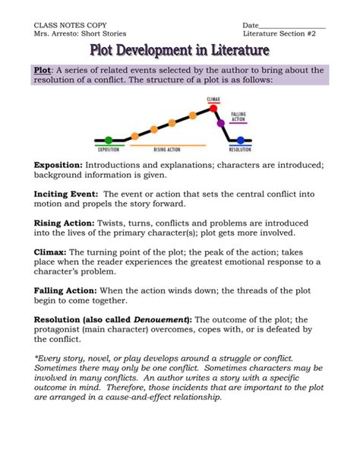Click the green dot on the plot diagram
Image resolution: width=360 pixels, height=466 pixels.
point(109,140)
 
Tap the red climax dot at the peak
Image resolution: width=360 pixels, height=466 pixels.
point(213,108)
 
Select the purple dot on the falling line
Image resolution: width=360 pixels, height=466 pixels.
point(221,122)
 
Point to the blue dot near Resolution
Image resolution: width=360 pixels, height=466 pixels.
point(241,140)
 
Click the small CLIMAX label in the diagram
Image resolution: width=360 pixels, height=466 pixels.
point(213,100)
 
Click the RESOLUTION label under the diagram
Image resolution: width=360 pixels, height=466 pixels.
point(240,150)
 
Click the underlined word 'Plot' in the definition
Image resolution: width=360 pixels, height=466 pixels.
point(42,70)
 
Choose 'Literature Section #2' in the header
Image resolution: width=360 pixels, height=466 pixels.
point(284,34)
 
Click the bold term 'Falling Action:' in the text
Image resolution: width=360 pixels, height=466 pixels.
point(66,290)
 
